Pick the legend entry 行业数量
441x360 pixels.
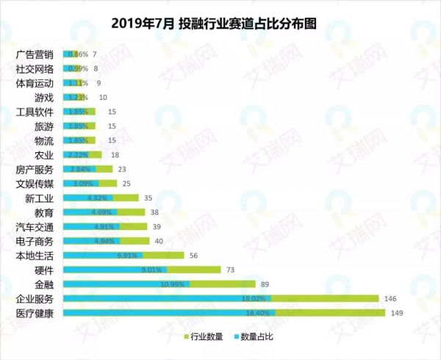[x=204, y=336]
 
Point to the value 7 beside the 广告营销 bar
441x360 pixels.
[x=94, y=54]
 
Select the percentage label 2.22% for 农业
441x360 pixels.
[x=77, y=155]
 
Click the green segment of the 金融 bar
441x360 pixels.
[x=223, y=284]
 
